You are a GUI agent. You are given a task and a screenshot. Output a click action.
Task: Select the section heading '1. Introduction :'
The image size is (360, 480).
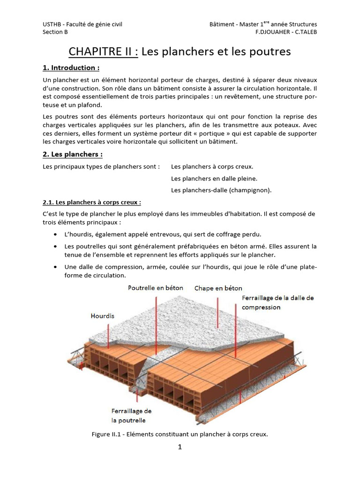(x=71, y=68)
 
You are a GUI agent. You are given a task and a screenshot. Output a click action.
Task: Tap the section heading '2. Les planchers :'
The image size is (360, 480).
(x=73, y=154)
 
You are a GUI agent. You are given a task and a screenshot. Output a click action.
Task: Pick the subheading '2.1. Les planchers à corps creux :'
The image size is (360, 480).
(x=92, y=202)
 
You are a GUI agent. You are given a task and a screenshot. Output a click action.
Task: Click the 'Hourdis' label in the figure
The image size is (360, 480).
(x=103, y=316)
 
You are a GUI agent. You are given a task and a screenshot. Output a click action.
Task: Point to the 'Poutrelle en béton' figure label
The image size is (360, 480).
(x=156, y=288)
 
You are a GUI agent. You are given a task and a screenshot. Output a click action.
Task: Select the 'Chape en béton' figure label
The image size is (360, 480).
(x=218, y=288)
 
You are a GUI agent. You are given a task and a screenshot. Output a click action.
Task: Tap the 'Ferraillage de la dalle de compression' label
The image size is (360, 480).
(x=277, y=302)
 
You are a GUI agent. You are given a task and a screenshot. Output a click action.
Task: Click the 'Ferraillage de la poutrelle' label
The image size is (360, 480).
(x=131, y=415)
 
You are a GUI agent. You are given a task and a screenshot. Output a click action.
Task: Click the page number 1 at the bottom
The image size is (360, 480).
(x=180, y=447)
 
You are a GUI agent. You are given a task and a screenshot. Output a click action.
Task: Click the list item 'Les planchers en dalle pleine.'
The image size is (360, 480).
(x=214, y=178)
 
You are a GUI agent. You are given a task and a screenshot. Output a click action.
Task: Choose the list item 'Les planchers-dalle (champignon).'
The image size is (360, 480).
(x=221, y=190)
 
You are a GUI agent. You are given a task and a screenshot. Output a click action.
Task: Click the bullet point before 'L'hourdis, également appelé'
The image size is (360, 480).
(x=56, y=234)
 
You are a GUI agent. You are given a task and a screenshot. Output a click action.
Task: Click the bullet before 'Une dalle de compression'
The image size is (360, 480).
(x=56, y=267)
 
